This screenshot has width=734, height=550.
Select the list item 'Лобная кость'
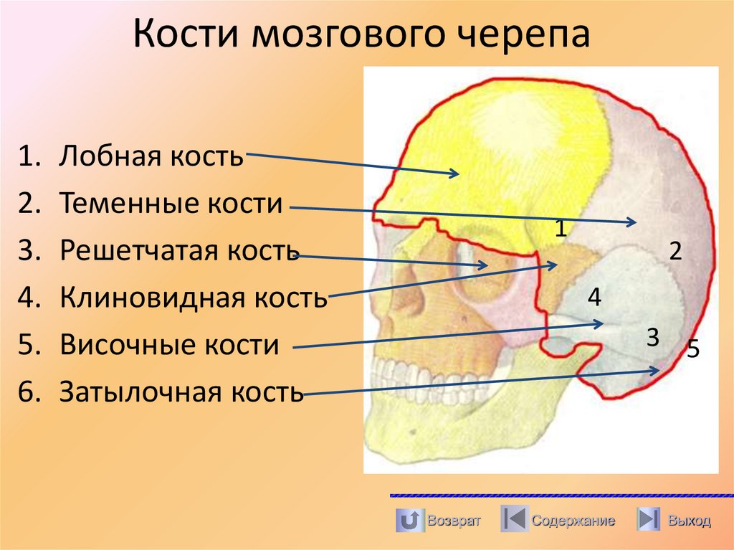point(151,156)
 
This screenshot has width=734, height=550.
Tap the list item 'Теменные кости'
point(171,204)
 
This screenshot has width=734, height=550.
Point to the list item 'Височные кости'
point(169,344)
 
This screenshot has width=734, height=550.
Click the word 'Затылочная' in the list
point(139,392)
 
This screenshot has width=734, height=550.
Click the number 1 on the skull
point(561,229)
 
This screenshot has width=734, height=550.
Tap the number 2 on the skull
point(675,251)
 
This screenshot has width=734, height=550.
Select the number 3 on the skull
point(652,336)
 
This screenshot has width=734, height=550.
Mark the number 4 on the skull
point(594,296)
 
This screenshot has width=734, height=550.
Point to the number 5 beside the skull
point(692,349)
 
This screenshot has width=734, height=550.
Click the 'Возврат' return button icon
point(409,519)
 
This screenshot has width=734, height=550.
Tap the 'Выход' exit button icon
point(649,519)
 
